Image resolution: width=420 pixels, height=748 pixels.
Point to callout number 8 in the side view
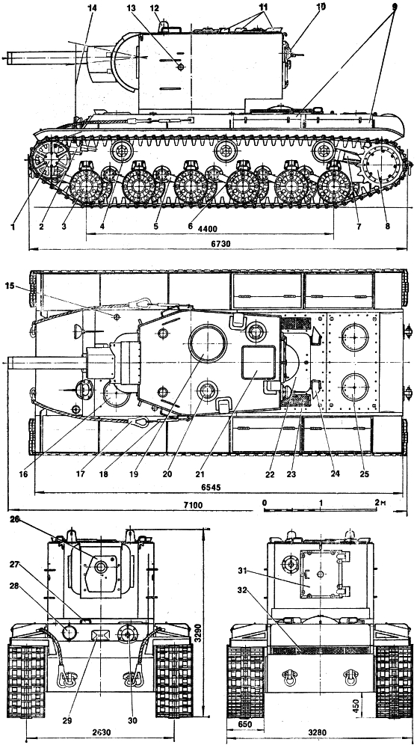coord(386,227)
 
